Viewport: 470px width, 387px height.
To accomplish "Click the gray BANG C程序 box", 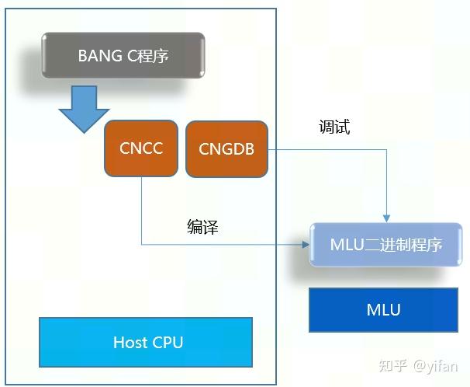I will click(123, 55).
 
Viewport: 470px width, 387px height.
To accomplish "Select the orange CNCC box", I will click(142, 148).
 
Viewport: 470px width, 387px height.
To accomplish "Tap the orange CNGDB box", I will click(226, 148).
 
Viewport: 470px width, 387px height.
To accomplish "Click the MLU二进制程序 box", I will click(385, 244).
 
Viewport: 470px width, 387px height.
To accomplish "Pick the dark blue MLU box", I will click(383, 309).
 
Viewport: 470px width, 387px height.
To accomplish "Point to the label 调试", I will click(334, 127).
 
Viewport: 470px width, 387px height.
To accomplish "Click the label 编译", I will click(202, 227).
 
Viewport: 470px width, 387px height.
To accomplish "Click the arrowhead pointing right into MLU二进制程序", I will click(305, 245).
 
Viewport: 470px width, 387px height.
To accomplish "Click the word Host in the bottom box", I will click(129, 342).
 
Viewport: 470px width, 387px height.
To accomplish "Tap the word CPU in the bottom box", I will click(167, 342).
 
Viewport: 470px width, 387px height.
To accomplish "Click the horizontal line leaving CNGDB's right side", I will click(326, 149).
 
